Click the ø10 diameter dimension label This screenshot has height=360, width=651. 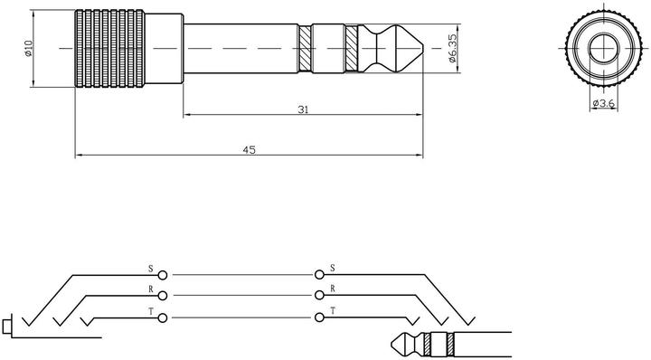(28, 48)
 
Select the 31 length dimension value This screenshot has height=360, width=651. (303, 109)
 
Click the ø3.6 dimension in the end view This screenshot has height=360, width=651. (603, 104)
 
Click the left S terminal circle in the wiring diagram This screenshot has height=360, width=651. (162, 274)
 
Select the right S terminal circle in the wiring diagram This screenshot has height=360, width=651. (319, 274)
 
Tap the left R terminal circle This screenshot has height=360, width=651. (162, 296)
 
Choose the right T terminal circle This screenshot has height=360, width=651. (319, 317)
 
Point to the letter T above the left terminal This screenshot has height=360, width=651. (151, 310)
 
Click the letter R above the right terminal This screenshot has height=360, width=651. (334, 289)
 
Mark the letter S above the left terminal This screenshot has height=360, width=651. (151, 268)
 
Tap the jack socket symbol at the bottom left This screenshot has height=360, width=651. (9, 323)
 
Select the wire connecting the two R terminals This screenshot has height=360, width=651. (241, 296)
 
